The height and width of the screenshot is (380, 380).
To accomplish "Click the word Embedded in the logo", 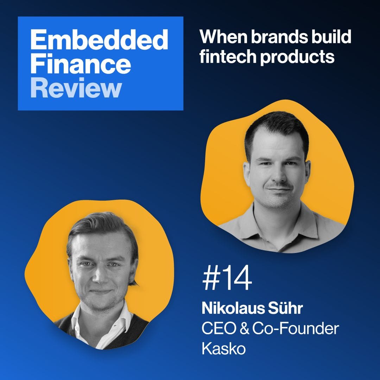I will pos(99,40).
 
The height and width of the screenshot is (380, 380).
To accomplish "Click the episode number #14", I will pos(227,280).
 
